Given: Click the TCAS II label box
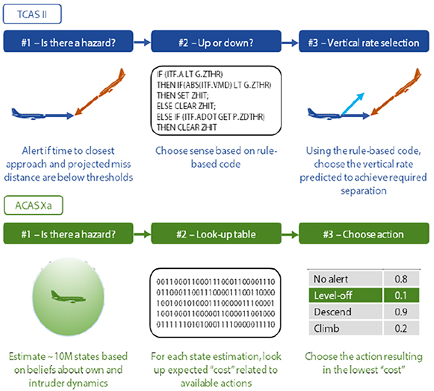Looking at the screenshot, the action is [32, 14].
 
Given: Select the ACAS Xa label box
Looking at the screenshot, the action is [33, 205].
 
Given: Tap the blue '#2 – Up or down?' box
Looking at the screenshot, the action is [216, 41].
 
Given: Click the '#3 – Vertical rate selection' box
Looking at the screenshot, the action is [364, 41].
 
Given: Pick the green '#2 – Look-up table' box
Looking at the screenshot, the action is [216, 233].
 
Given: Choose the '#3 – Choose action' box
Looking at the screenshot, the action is [364, 233].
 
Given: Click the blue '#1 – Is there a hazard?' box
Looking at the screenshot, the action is [69, 41].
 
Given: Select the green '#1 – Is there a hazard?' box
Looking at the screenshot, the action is [69, 233].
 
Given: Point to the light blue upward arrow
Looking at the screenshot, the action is [353, 103].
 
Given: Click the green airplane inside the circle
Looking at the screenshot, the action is [68, 296].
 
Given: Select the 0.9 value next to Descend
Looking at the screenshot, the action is [401, 312].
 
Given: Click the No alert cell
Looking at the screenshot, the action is [346, 279].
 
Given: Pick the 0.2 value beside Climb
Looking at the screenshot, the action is [401, 328].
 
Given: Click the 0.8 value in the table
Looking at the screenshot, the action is [401, 279].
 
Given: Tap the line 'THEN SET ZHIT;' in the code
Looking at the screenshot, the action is [183, 95].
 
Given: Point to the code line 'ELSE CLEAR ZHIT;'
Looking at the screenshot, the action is [186, 106].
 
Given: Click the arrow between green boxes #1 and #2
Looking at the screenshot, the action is [142, 234].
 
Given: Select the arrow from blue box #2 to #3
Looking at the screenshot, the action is [290, 43].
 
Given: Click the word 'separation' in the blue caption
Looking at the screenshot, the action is [363, 191].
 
